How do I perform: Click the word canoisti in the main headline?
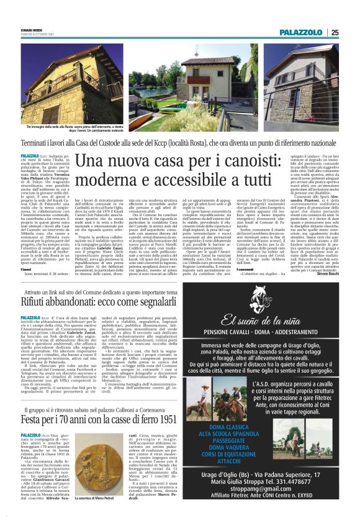tap(228, 162)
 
